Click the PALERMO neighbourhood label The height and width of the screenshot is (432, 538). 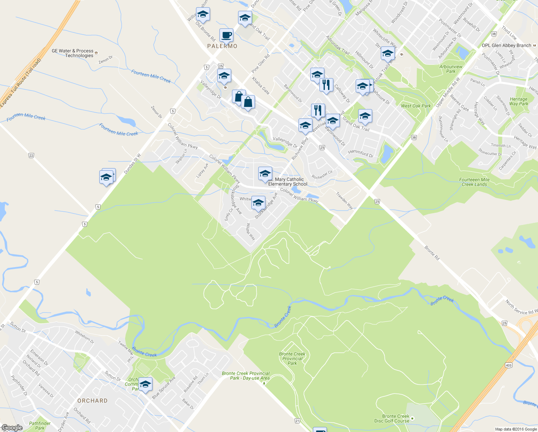coord(222,46)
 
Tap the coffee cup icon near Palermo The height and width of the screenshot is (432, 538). coord(226,35)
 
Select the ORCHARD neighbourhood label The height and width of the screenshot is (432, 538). coord(92,401)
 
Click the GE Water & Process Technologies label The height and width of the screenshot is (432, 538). coord(73,53)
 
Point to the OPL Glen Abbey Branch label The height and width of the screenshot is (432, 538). coord(506,45)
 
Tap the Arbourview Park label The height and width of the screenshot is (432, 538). coord(451,69)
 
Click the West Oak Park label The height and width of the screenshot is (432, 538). coord(416,106)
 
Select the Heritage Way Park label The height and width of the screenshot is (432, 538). coord(519,102)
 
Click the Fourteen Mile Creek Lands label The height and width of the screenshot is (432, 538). coord(474,182)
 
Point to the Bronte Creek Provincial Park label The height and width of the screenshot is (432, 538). coord(292,359)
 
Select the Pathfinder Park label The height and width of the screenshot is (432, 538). coord(40,426)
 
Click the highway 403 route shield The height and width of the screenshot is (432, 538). coord(509,365)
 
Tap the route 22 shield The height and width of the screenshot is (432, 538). coord(31,156)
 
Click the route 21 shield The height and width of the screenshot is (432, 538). coord(297,421)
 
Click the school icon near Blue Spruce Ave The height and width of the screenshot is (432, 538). coord(145,384)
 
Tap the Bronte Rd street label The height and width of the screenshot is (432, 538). coord(432,253)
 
